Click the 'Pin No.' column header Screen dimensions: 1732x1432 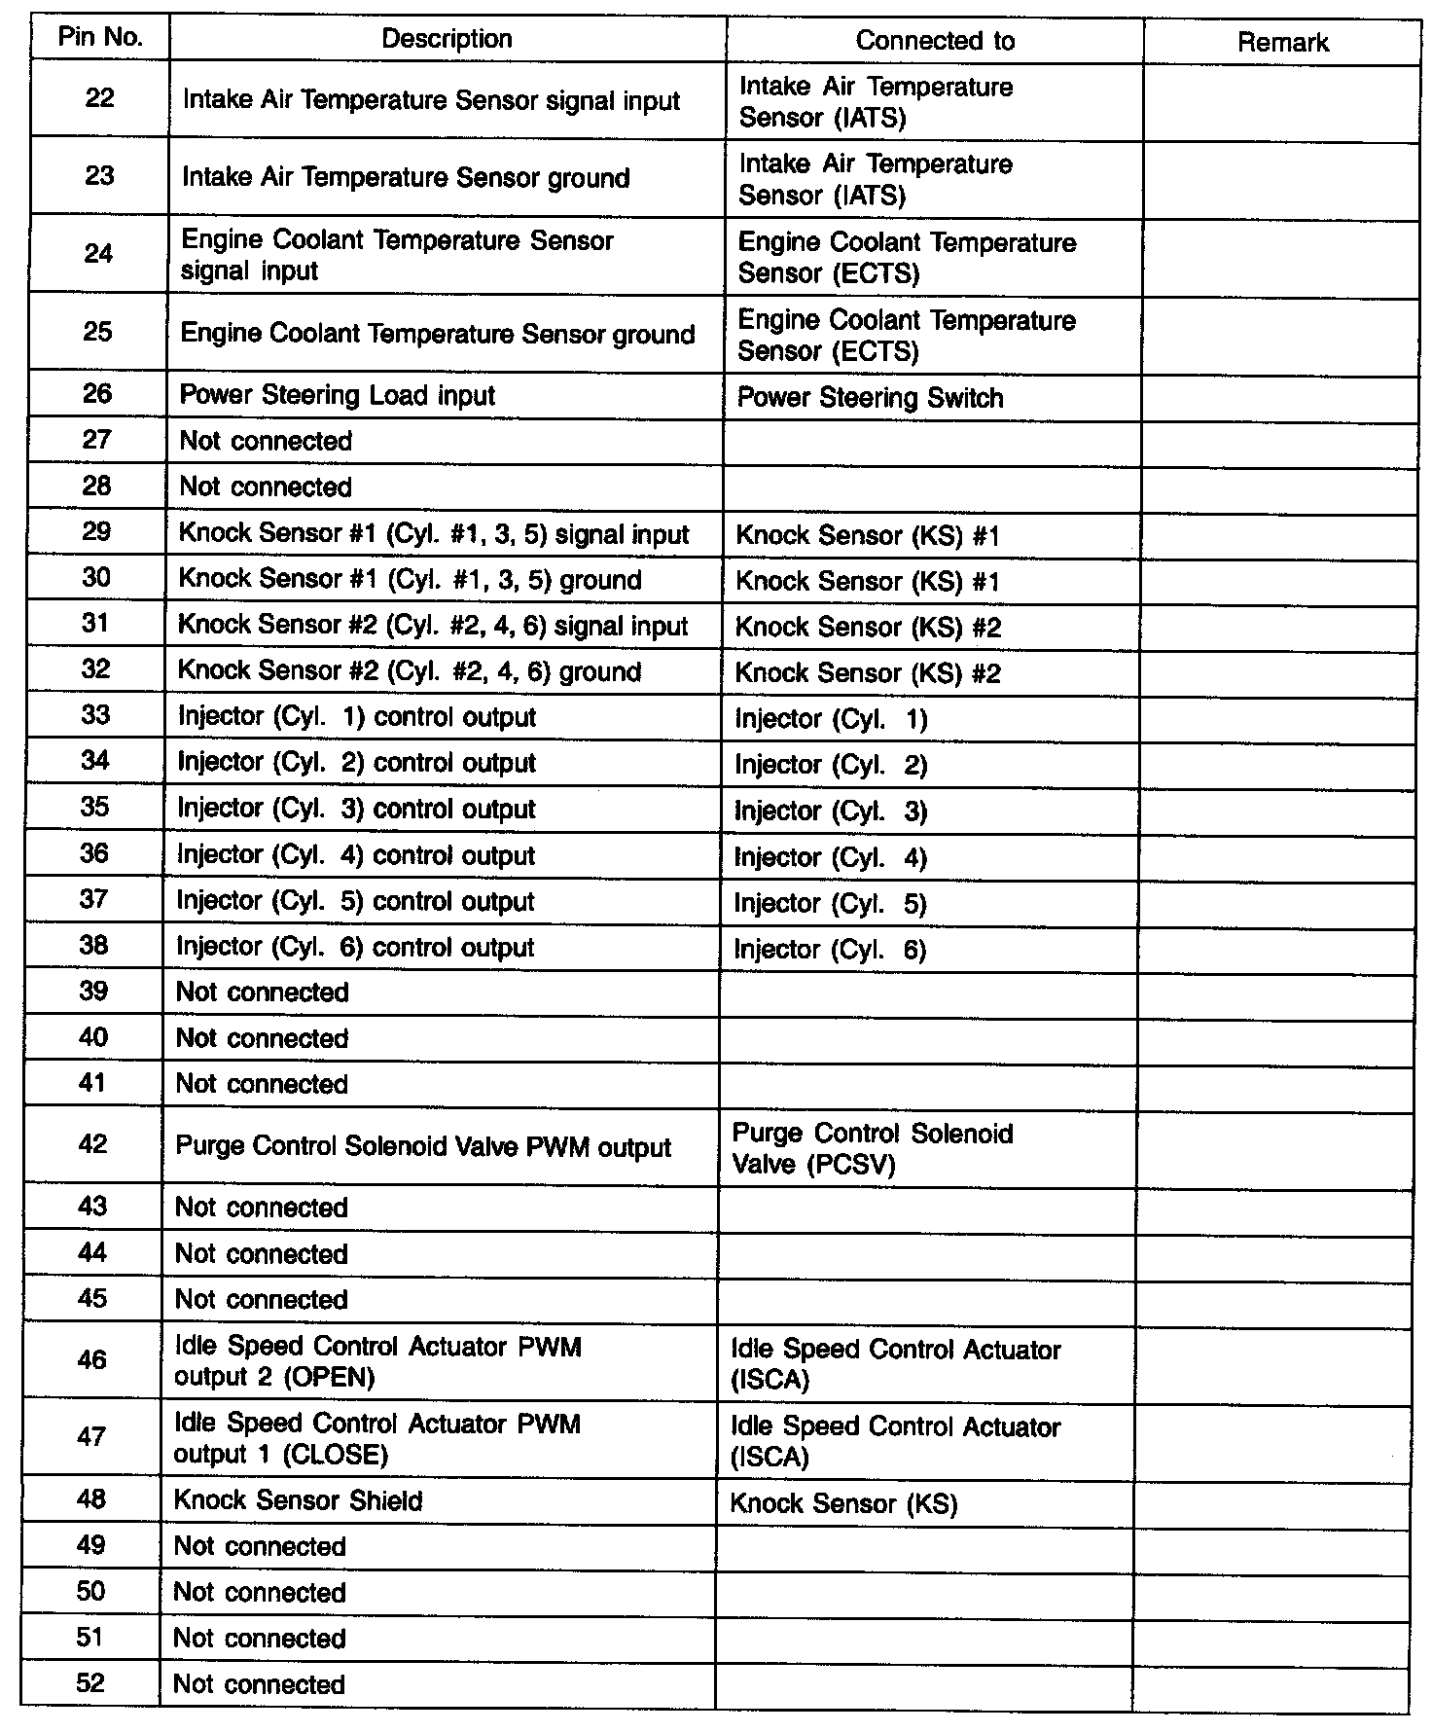pos(100,38)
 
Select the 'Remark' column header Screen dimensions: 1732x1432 pos(1282,43)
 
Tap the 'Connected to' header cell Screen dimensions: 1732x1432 pos(934,41)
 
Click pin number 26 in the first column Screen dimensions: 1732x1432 pos(97,394)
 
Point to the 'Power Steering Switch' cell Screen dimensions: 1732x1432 pos(870,398)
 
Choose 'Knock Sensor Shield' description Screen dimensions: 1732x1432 pos(298,1500)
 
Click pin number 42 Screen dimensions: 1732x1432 pos(92,1144)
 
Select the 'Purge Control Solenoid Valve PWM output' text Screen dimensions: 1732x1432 pos(423,1147)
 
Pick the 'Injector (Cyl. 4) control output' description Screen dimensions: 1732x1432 pos(355,856)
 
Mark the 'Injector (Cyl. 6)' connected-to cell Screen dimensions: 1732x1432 pos(830,951)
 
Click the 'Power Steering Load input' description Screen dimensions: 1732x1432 pos(338,396)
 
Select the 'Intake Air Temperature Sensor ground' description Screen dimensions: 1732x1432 pos(406,178)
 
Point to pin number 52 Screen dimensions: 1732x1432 pos(89,1683)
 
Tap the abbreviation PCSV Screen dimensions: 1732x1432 pos(850,1165)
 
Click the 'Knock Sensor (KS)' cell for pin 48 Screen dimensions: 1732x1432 pos(843,1504)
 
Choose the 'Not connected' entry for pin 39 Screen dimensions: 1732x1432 pos(262,992)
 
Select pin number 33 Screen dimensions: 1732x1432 pos(95,716)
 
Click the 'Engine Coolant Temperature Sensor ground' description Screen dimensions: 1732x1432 pos(437,334)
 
